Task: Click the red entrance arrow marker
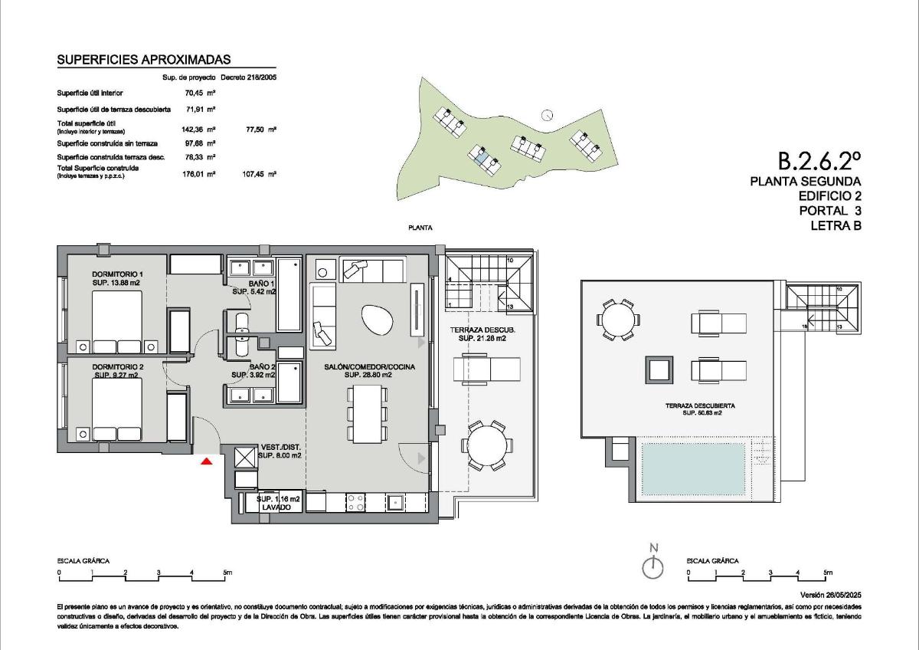[x=205, y=461]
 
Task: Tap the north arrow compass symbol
[x=652, y=567]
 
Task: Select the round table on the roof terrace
[x=617, y=320]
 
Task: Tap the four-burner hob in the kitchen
[x=356, y=502]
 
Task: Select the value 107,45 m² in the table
[x=259, y=174]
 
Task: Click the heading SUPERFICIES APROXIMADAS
[x=144, y=60]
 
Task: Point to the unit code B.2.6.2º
[x=819, y=160]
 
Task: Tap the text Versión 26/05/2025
[x=831, y=595]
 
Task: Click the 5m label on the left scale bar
[x=227, y=573]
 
